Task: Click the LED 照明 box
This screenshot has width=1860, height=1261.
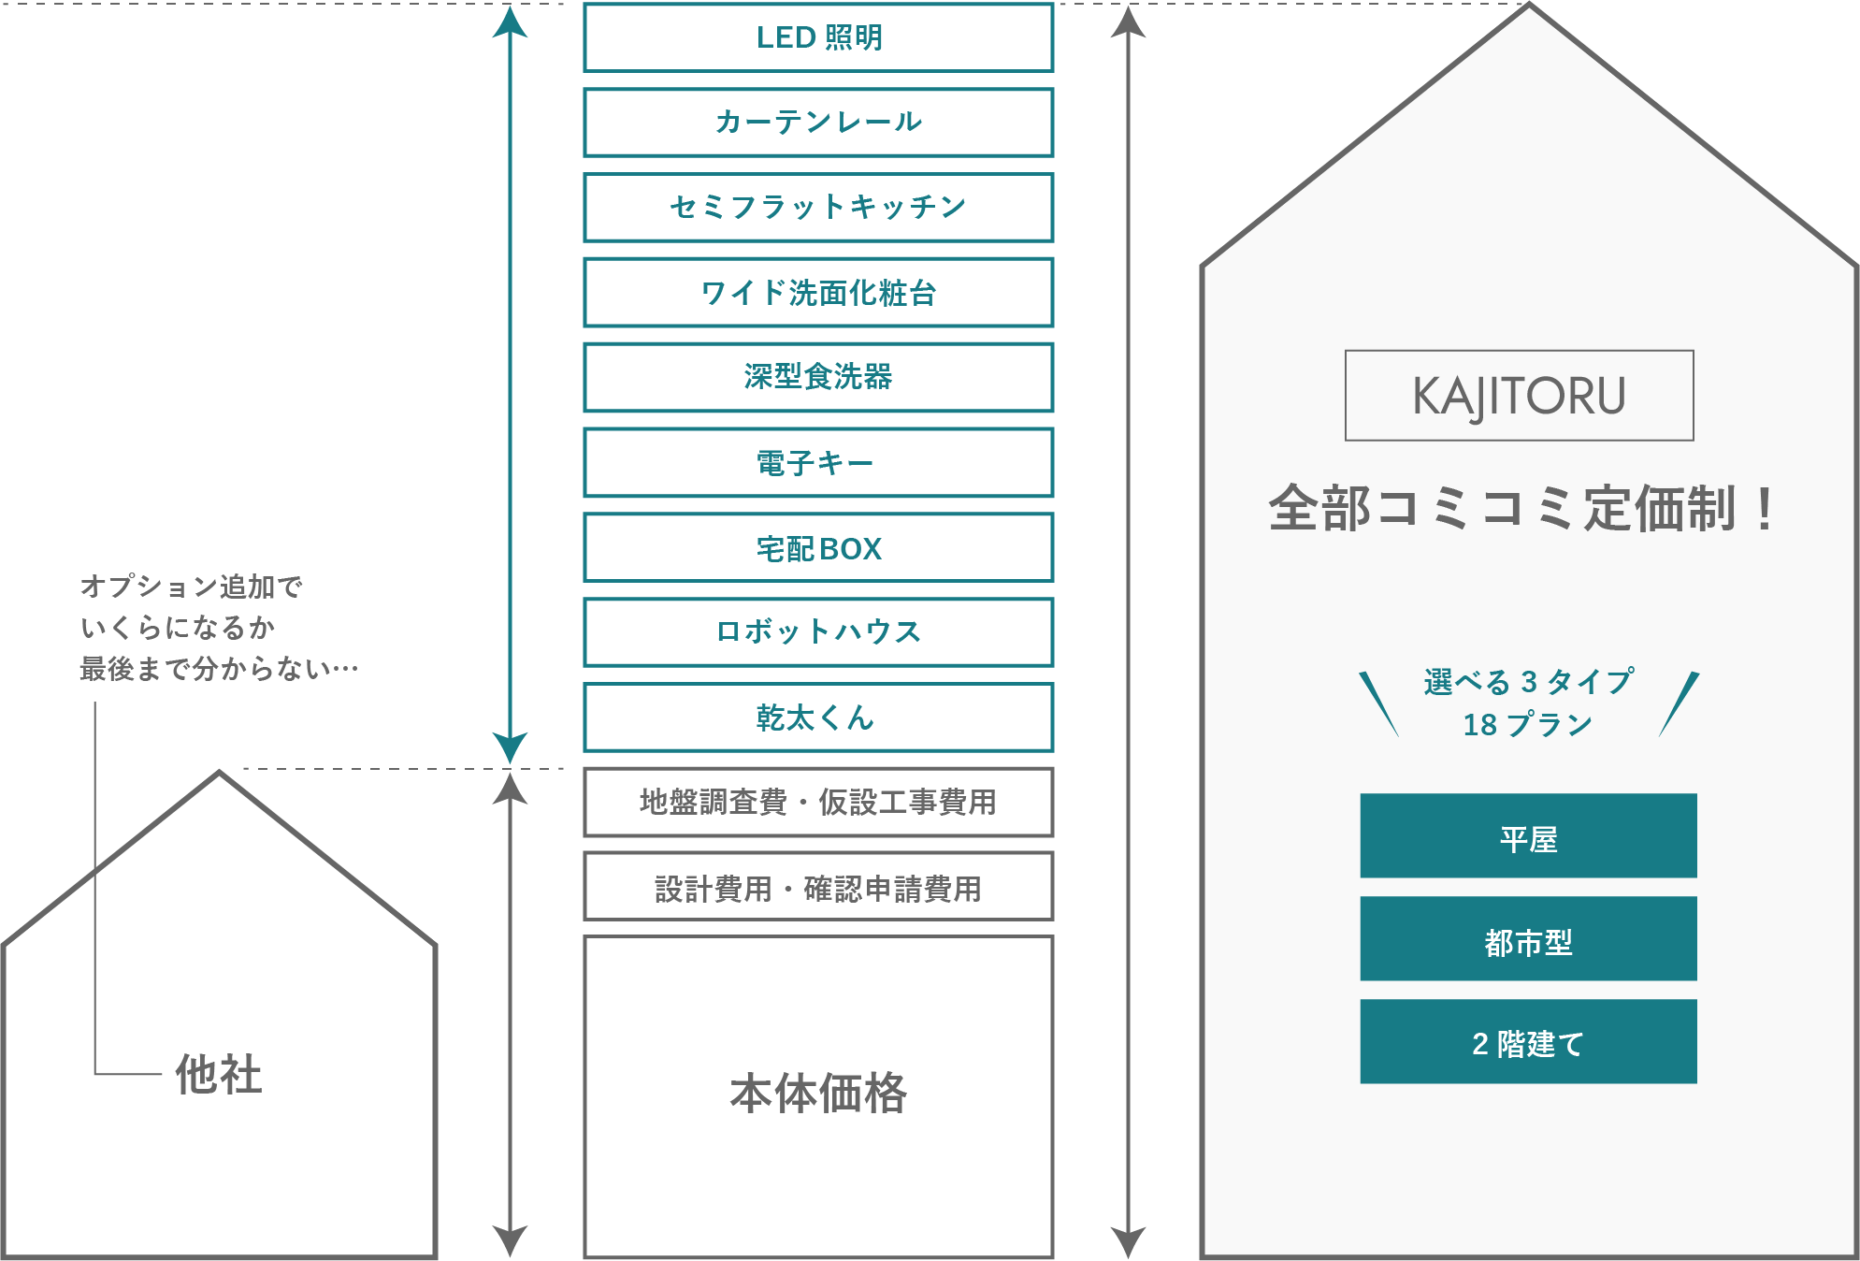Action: [818, 37]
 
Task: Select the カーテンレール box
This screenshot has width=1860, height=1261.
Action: [818, 123]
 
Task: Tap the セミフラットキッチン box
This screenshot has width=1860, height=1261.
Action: [818, 208]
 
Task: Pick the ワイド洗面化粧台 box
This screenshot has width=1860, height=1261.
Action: [818, 293]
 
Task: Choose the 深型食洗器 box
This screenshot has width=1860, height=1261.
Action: [818, 378]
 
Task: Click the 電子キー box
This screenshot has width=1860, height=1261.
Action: [818, 463]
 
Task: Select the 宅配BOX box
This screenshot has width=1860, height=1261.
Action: [818, 547]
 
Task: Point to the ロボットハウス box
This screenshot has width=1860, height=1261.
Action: [818, 632]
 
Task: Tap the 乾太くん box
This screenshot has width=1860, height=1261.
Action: [818, 717]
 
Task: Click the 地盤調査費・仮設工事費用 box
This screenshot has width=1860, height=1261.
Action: [818, 803]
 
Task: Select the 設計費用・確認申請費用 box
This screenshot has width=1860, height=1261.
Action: [818, 887]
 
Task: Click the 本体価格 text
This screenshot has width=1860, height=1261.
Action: [818, 1093]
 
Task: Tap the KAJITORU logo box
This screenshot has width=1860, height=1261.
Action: [1519, 396]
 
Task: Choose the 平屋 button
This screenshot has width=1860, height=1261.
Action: [1528, 835]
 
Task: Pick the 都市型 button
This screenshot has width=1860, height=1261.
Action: [1528, 938]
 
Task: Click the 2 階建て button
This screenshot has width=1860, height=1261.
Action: [1528, 1041]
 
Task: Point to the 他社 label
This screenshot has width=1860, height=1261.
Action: [219, 1074]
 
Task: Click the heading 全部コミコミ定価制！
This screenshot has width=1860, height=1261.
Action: [1521, 509]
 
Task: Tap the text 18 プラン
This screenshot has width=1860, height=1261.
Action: [1527, 725]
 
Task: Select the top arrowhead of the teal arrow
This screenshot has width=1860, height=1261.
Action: [510, 21]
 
